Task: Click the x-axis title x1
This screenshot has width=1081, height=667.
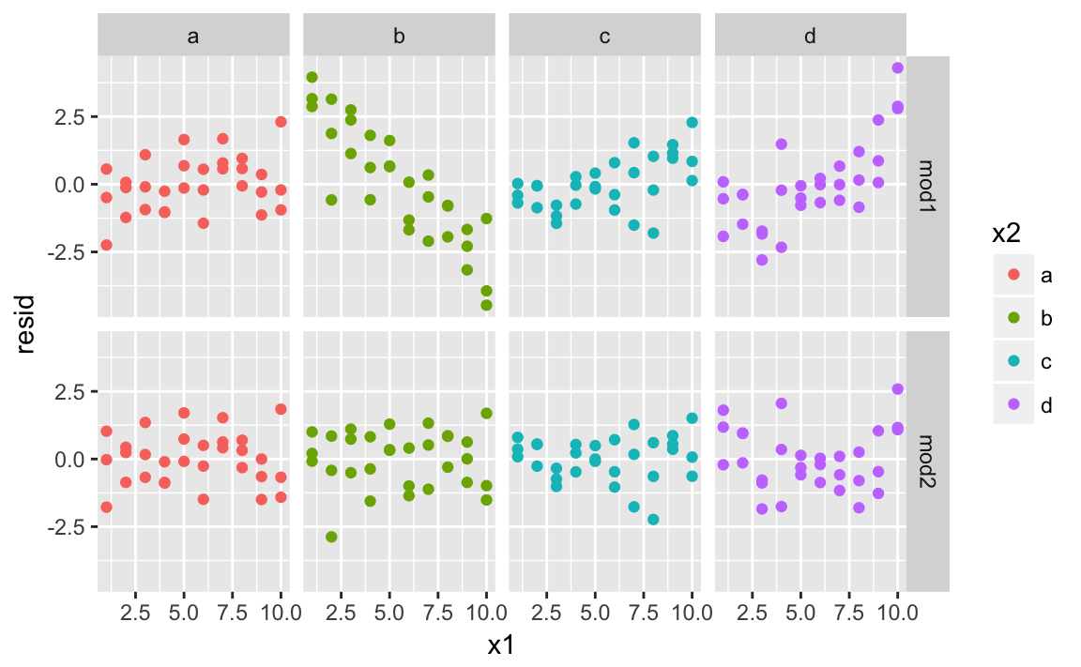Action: [x=501, y=645]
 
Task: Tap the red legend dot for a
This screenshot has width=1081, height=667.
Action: [x=1014, y=275]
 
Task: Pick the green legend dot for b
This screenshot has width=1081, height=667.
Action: [x=1014, y=318]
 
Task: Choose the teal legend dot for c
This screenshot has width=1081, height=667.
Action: [x=1014, y=361]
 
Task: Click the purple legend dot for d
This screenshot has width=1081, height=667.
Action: [x=1014, y=404]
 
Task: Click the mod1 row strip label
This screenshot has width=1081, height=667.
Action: [x=929, y=186]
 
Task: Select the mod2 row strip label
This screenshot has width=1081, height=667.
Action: [x=929, y=460]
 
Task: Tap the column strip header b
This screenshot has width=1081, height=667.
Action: [x=399, y=36]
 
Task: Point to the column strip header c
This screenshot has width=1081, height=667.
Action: [x=604, y=36]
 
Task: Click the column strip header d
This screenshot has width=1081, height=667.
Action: [x=810, y=36]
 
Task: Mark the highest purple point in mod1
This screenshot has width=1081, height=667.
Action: [x=897, y=68]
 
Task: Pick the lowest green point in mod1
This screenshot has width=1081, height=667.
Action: [x=486, y=305]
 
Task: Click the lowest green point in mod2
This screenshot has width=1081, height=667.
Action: [x=331, y=537]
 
